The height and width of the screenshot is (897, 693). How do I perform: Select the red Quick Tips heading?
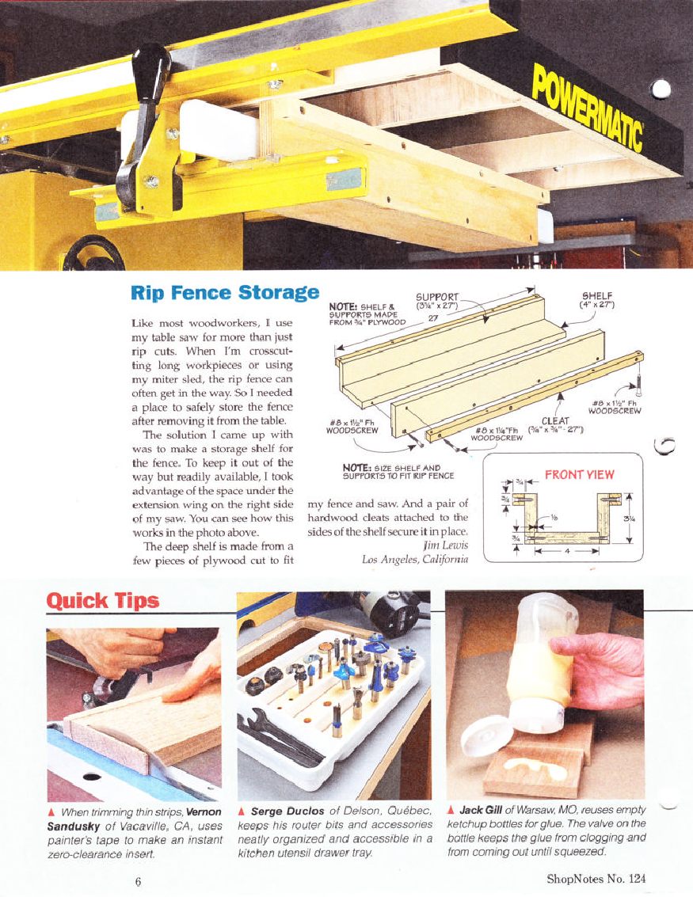[103, 600]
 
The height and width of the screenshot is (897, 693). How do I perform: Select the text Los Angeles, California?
[415, 561]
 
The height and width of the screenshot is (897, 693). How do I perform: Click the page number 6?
[138, 880]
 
